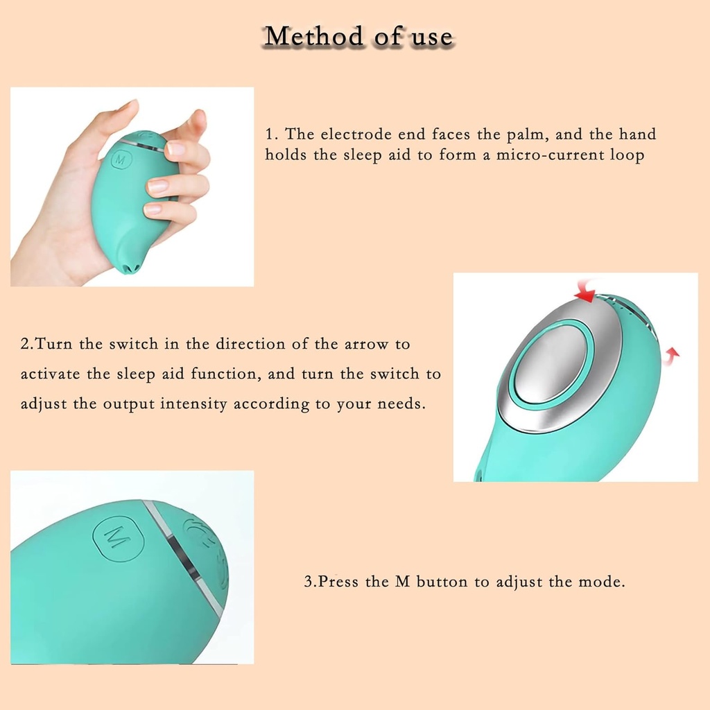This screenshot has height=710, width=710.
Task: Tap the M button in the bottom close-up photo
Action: tap(117, 536)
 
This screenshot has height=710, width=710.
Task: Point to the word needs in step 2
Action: tap(399, 404)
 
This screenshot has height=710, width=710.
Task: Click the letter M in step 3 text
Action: tap(402, 582)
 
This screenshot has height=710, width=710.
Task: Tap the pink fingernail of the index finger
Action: tap(176, 148)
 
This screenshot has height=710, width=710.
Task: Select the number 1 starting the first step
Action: tap(270, 134)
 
